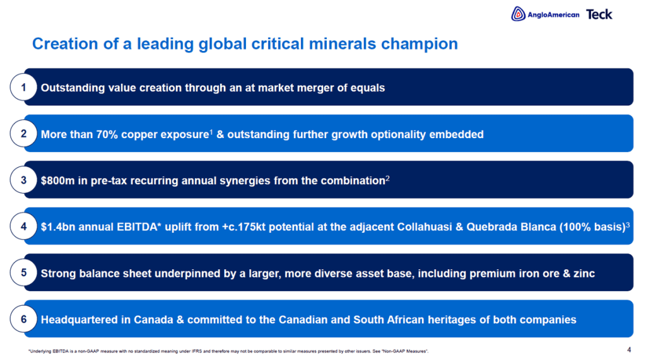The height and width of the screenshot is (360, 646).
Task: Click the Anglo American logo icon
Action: (519, 14)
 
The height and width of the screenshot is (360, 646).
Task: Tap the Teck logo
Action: (599, 15)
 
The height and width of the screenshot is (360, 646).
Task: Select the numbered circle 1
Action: (23, 88)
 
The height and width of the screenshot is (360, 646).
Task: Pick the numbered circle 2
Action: (23, 134)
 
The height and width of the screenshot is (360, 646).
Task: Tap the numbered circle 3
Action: (23, 180)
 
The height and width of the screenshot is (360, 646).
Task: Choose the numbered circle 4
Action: (23, 226)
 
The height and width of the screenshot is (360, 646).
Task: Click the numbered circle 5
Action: (23, 272)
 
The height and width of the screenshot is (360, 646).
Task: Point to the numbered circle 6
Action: (23, 319)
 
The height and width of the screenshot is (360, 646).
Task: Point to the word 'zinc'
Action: (584, 274)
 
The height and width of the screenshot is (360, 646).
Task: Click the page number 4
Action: (629, 350)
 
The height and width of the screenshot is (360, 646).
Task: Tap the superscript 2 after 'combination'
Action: (387, 178)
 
